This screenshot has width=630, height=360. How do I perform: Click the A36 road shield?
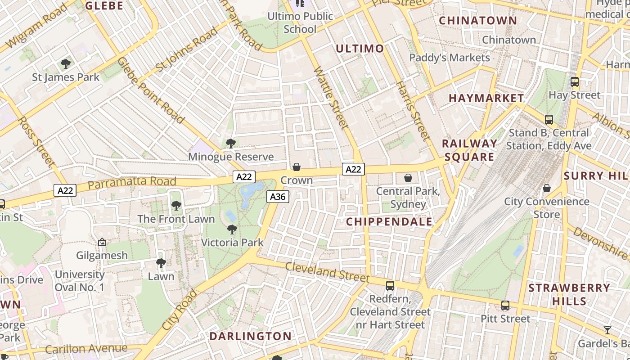click(x=278, y=197)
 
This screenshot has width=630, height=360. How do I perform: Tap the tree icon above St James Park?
click(x=66, y=64)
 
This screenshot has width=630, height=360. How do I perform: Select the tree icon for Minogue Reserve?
click(x=231, y=144)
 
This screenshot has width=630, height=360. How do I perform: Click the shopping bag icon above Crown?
click(x=297, y=167)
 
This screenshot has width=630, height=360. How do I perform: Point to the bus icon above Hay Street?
click(x=575, y=82)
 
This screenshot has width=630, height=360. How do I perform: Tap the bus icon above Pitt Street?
click(x=505, y=306)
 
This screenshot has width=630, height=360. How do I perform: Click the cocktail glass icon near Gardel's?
click(x=607, y=330)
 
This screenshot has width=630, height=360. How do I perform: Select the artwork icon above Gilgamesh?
click(x=102, y=242)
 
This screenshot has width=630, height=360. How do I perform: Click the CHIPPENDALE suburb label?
click(x=389, y=221)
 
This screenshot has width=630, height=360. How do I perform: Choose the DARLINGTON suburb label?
click(x=251, y=336)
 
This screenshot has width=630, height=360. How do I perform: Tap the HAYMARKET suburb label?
click(x=486, y=98)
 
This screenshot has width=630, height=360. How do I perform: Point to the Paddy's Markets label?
click(x=450, y=58)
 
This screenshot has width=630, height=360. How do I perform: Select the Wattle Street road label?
click(x=331, y=97)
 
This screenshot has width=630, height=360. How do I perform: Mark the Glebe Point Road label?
click(x=151, y=90)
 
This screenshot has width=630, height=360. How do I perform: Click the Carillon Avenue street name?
click(x=86, y=349)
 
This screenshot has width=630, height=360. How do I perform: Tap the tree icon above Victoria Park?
click(x=232, y=229)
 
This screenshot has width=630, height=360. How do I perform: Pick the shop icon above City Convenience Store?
click(x=547, y=188)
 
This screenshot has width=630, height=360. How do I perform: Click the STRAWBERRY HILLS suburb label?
click(x=569, y=294)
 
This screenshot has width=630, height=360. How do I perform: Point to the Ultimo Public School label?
click(x=301, y=22)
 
